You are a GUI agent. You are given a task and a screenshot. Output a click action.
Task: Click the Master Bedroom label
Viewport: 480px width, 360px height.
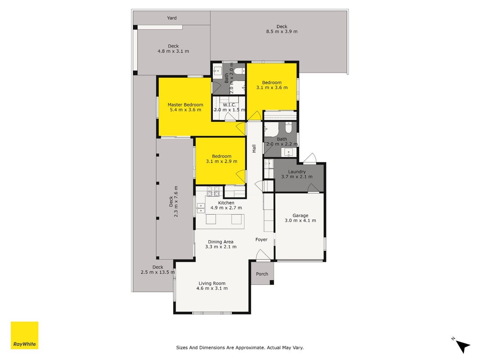185,105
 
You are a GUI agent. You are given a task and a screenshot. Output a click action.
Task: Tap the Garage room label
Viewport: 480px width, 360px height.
301,216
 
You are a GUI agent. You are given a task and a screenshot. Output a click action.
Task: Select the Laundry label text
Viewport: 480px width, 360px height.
296,172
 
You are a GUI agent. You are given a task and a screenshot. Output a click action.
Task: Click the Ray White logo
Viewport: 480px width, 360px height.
24,335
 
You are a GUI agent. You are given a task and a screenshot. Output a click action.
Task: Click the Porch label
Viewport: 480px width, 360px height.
262,274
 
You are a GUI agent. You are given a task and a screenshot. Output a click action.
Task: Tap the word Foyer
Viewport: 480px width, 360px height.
261,240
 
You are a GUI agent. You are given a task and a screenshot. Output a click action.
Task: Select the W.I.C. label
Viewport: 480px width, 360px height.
229,105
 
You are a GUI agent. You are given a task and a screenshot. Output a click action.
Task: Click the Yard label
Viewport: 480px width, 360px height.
172,18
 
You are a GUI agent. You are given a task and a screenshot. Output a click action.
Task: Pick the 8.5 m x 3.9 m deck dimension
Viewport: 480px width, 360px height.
282,31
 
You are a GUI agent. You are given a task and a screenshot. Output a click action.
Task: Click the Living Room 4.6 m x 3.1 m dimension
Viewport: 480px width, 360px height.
212,288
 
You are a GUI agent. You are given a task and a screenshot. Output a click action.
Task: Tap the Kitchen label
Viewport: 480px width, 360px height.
226,202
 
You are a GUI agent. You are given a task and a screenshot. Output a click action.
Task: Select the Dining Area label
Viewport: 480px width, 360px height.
221,242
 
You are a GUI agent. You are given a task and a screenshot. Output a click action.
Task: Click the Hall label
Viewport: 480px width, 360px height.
254,148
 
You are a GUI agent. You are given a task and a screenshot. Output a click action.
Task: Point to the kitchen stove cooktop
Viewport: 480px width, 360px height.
213,191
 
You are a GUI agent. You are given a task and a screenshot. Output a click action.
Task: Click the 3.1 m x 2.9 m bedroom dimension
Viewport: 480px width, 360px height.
222,162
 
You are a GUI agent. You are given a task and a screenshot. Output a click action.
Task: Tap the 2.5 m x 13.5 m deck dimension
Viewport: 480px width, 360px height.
157,272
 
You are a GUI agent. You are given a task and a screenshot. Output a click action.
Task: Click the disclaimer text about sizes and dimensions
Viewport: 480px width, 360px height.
240,347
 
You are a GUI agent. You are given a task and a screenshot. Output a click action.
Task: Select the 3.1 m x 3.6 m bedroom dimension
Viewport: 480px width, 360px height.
272,88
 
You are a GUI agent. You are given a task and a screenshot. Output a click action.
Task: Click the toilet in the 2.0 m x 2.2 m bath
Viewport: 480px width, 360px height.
288,128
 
